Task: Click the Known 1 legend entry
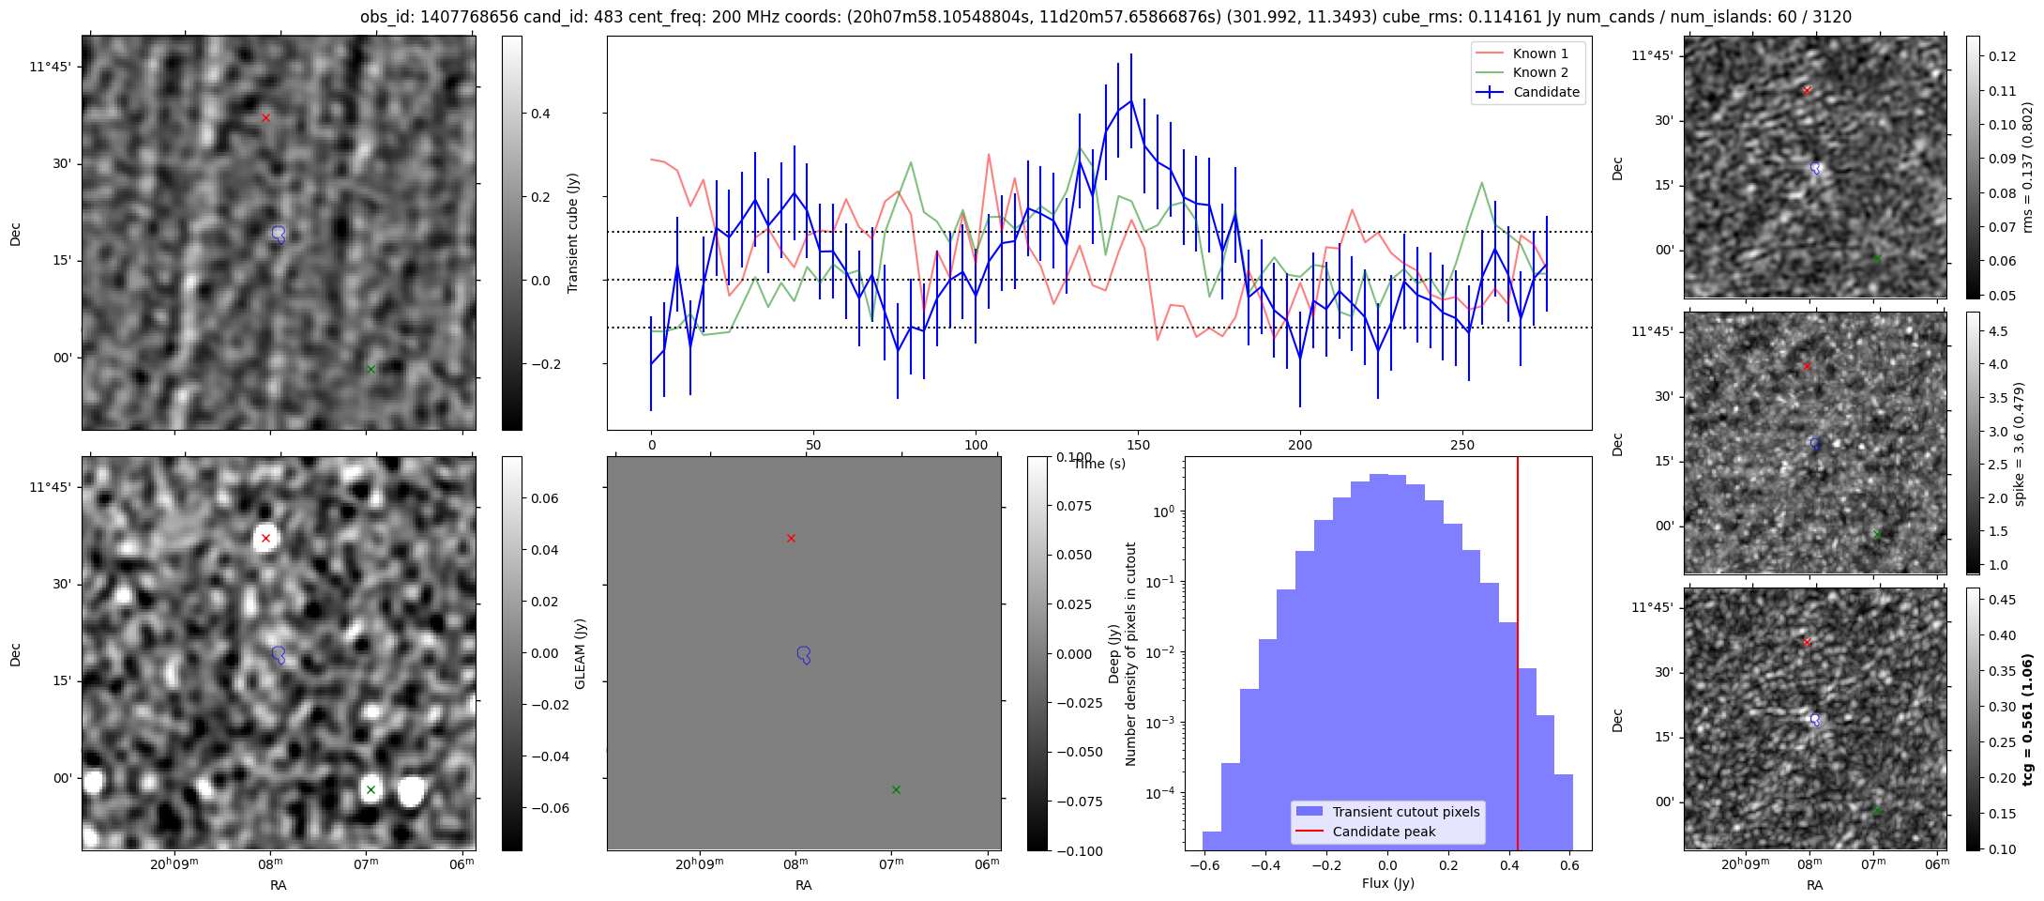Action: coord(1540,53)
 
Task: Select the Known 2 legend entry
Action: coord(1540,72)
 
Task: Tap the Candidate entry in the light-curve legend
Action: coord(1546,92)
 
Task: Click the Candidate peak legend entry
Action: coord(1384,832)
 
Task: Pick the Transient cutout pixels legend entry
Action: coord(1405,812)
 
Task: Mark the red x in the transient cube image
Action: coord(265,117)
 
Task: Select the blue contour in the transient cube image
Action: coord(279,234)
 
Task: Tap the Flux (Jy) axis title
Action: coord(1387,883)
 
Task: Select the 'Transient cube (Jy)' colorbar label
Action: coord(573,233)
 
